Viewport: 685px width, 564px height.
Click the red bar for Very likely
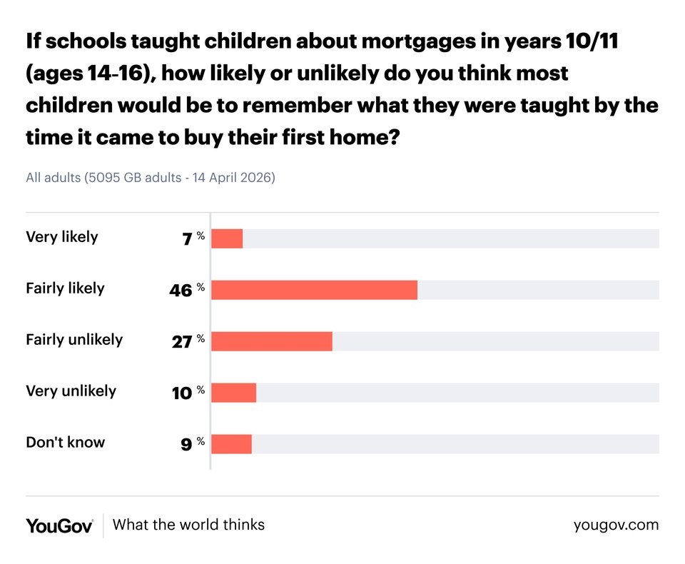pos(227,238)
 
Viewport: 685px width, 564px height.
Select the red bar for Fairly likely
pos(314,290)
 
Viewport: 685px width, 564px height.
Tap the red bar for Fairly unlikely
pos(272,341)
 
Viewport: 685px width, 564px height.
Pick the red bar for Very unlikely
pos(233,393)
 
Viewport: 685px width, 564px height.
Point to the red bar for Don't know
pos(231,444)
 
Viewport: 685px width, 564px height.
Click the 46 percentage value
pos(181,291)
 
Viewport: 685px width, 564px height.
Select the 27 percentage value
pos(182,342)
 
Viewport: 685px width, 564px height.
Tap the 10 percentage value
pos(182,393)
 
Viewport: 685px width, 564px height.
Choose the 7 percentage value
pos(187,239)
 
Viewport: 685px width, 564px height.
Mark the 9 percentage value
pos(186,445)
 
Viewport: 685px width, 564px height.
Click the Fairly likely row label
pos(65,288)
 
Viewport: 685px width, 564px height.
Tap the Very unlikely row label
pos(71,391)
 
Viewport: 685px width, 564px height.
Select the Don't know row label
pos(65,443)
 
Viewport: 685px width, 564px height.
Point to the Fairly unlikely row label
pos(74,340)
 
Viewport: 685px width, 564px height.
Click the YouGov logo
pos(59,525)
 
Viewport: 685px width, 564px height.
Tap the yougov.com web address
pos(616,525)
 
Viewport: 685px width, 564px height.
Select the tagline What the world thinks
pos(188,525)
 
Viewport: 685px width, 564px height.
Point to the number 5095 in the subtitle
pos(101,178)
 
